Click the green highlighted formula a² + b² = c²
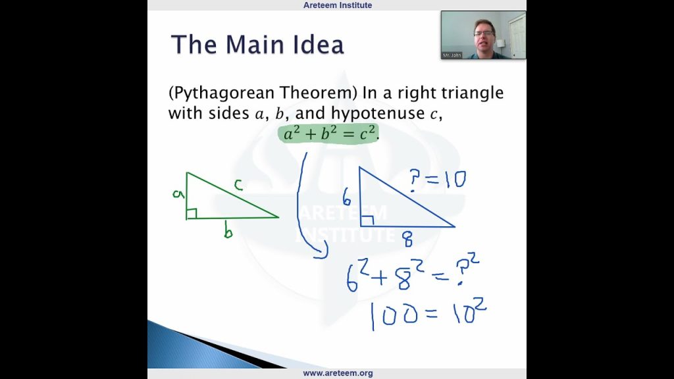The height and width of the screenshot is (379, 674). pyautogui.click(x=329, y=134)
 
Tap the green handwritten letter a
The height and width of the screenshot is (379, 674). pyautogui.click(x=178, y=194)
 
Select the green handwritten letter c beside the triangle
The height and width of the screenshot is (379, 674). pyautogui.click(x=238, y=185)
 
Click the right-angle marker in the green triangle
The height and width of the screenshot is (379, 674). pyautogui.click(x=192, y=213)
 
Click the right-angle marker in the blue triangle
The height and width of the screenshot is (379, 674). pyautogui.click(x=367, y=220)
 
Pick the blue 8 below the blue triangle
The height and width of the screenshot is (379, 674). pyautogui.click(x=408, y=239)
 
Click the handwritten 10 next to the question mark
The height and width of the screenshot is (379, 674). pyautogui.click(x=455, y=179)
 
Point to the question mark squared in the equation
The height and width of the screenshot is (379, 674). pyautogui.click(x=467, y=269)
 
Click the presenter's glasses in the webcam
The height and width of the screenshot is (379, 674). pyautogui.click(x=484, y=33)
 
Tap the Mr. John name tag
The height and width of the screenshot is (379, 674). pyautogui.click(x=452, y=55)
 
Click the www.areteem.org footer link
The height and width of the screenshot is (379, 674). pyautogui.click(x=338, y=374)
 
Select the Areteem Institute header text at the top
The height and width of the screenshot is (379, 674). pyautogui.click(x=338, y=5)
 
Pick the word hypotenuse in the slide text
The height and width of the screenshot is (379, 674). pyautogui.click(x=378, y=113)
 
